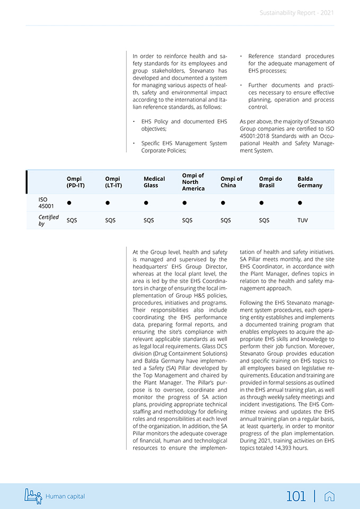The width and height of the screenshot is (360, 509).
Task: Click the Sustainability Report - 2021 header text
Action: (296, 13)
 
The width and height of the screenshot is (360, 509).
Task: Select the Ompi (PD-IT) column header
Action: (75, 182)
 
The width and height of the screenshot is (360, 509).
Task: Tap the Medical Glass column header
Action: (154, 182)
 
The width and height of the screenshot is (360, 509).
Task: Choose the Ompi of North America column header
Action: (193, 182)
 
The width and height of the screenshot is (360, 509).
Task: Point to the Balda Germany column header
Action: (310, 182)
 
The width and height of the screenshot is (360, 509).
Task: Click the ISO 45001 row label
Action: (46, 203)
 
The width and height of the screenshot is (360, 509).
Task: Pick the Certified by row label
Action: (48, 220)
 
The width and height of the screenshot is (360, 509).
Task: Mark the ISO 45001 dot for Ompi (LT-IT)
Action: (108, 203)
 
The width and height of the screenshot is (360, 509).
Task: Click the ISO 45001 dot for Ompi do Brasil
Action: (261, 203)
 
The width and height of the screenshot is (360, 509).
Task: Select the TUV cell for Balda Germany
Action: (303, 220)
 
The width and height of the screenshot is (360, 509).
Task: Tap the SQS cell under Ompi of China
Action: (226, 220)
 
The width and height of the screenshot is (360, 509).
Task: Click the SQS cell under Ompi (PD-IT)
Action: (72, 220)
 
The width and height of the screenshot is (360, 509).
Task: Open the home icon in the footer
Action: (329, 496)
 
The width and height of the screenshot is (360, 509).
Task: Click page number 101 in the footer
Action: (296, 496)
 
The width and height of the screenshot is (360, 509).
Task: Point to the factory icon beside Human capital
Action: (33, 496)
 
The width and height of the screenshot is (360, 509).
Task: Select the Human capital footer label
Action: (65, 497)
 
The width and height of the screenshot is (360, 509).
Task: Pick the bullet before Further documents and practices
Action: (241, 85)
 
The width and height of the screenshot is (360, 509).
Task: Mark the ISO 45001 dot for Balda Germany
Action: (300, 203)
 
